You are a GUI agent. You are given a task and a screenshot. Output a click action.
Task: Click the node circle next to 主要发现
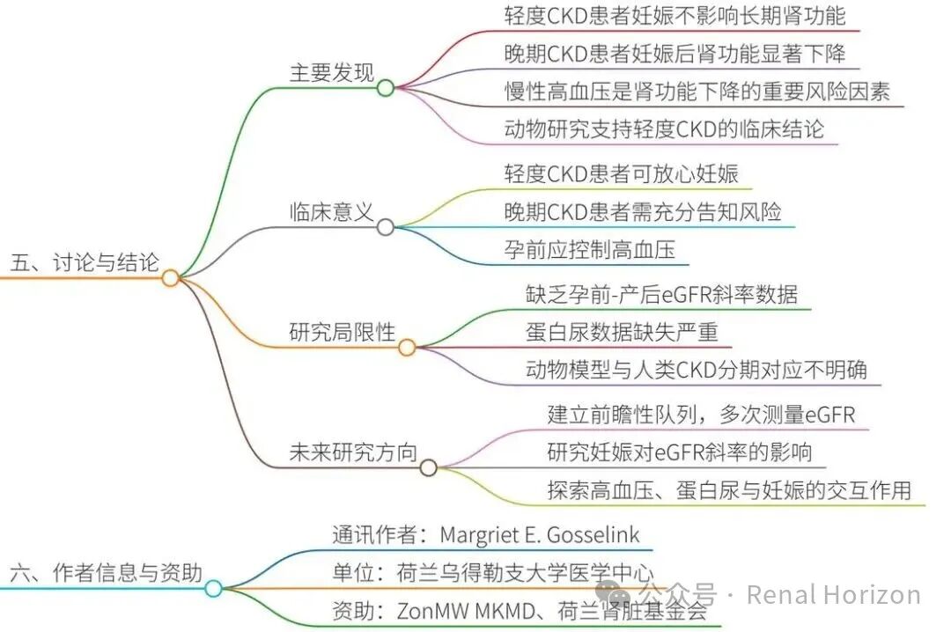tap(386, 88)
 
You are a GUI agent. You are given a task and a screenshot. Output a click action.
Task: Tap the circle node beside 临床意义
tap(386, 227)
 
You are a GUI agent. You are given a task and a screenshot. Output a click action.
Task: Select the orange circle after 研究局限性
tap(407, 347)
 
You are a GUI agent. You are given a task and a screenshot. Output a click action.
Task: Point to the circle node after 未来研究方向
tap(428, 467)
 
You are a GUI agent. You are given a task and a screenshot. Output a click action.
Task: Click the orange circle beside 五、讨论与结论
tap(171, 278)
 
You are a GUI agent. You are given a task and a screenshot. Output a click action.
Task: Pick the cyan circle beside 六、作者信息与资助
tap(213, 588)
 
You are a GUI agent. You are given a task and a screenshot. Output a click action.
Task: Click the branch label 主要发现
tap(332, 72)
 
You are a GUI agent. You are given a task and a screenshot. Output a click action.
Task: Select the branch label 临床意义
tap(332, 211)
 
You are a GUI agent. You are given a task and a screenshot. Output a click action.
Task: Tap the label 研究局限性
tap(342, 332)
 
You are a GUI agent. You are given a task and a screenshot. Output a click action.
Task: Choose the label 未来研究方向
tap(353, 452)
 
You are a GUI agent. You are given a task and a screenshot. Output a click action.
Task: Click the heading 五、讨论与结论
tap(85, 262)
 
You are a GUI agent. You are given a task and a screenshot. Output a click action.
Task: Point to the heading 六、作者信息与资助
tap(107, 572)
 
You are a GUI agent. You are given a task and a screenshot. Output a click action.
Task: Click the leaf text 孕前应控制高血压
tap(589, 249)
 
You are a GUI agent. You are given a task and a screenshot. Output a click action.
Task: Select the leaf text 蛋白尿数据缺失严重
tap(622, 332)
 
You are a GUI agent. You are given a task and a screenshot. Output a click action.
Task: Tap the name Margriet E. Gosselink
tap(539, 535)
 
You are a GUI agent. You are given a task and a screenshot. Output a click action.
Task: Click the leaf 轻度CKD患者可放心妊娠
tap(621, 174)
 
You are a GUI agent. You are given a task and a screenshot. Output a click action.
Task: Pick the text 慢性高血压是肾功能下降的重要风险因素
tap(697, 92)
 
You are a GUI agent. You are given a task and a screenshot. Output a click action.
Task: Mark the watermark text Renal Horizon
tap(833, 595)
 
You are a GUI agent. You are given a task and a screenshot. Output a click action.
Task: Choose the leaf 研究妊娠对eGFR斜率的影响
tap(679, 452)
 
